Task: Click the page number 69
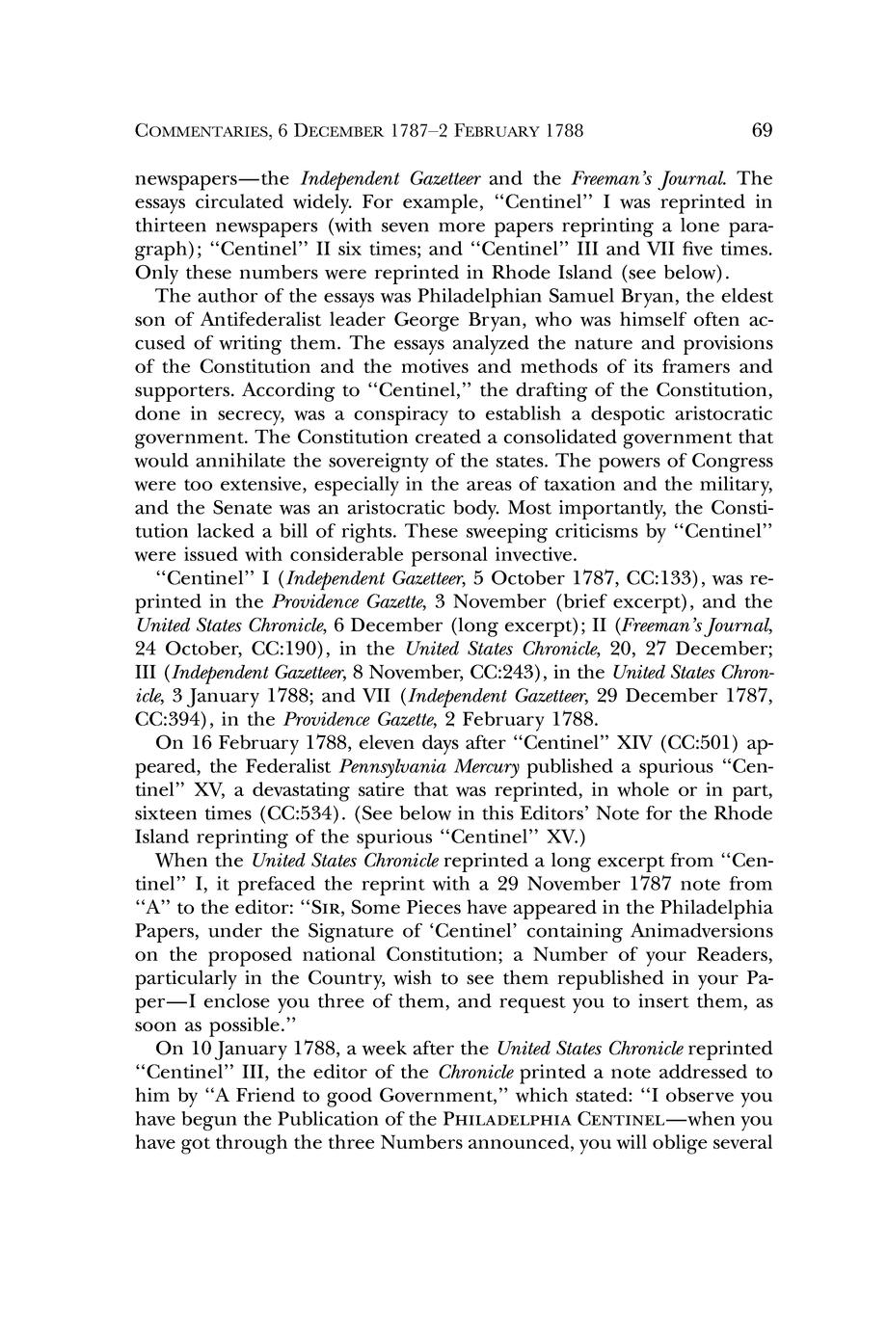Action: tap(762, 130)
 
